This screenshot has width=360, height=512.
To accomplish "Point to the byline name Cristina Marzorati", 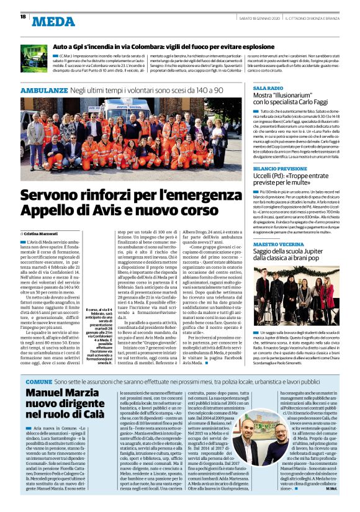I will [44, 233].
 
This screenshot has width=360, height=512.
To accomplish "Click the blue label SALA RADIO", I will [268, 89].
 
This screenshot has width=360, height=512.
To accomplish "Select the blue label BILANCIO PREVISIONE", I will [280, 168].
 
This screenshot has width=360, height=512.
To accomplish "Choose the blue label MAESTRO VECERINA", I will [278, 245].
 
